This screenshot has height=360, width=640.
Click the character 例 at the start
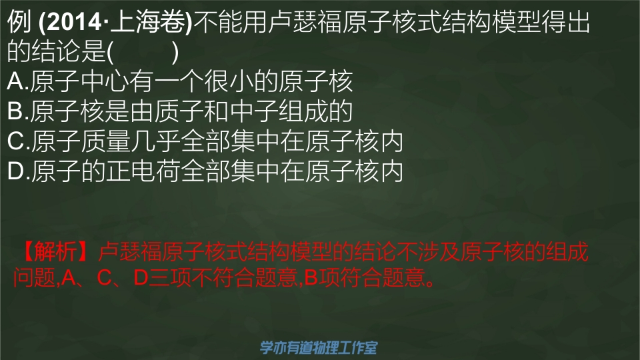point(19,22)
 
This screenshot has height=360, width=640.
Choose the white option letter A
point(15,81)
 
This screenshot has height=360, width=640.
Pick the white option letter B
point(15,111)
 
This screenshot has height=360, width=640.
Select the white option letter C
point(16,141)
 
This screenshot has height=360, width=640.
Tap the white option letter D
point(16,171)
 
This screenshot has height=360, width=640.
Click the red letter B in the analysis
point(311,277)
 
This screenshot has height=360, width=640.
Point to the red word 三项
point(169,277)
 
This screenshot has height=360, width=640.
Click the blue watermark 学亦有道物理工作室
point(319,347)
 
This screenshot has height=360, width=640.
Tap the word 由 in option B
point(141,111)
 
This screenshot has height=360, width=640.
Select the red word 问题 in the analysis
point(34,277)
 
